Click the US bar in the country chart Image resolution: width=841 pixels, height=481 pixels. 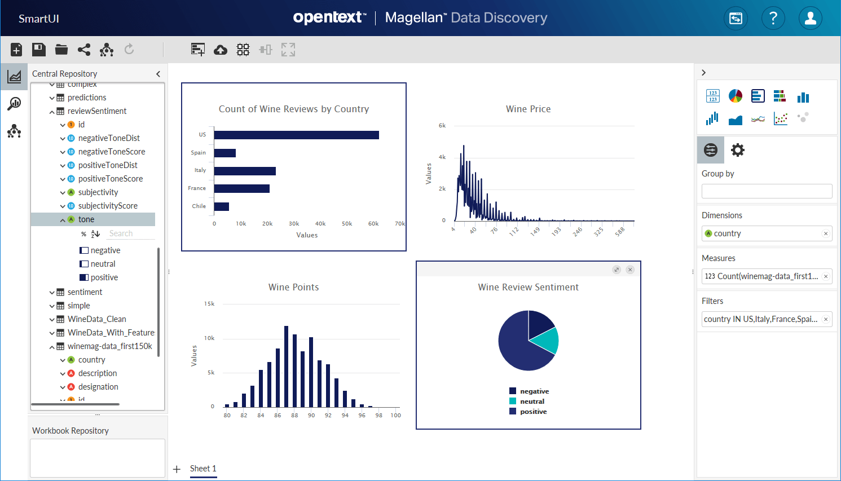click(296, 135)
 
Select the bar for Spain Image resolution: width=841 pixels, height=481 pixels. click(225, 153)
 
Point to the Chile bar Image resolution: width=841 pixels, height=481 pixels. click(222, 206)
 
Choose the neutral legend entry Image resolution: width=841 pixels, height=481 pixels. click(532, 401)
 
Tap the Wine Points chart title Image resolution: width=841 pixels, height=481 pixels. click(293, 287)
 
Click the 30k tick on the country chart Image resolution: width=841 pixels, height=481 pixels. click(294, 224)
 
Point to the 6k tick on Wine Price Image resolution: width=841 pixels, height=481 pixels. click(442, 126)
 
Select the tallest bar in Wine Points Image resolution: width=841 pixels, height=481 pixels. click(287, 366)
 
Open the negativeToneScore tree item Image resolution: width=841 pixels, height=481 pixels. click(112, 152)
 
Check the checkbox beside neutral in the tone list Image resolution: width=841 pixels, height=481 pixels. click(84, 264)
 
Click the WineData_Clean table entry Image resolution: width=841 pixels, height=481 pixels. click(96, 319)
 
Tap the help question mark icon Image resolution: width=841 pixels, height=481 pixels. click(773, 19)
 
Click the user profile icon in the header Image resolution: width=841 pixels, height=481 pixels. click(811, 19)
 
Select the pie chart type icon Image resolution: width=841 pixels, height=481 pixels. click(736, 96)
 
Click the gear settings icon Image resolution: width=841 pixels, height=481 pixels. click(738, 150)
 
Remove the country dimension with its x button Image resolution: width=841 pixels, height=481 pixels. click(826, 233)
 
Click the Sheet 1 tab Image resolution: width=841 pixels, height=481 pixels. click(203, 469)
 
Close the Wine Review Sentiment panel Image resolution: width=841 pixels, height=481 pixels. click(630, 270)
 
